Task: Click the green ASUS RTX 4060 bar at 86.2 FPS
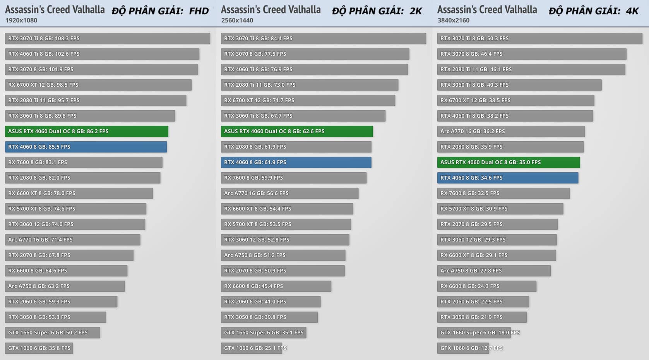pos(86,131)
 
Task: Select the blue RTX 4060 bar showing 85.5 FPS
pos(86,147)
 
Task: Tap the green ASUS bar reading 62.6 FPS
pos(297,131)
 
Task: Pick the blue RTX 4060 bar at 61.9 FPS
pos(296,162)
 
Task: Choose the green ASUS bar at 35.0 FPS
pos(508,162)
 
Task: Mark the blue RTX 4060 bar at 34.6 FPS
pos(507,178)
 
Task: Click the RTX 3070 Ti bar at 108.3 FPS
pos(107,38)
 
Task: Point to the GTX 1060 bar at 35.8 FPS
pos(39,348)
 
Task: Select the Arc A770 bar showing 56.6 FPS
pos(289,193)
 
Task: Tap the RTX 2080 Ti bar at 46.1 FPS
pos(531,69)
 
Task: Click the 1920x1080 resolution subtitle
pos(21,20)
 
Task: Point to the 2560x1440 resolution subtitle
pos(237,20)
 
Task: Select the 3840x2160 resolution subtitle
pos(454,20)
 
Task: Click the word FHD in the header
pos(199,11)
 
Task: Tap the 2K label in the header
pos(416,11)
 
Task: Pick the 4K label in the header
pos(632,11)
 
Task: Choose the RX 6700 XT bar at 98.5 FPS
pos(98,85)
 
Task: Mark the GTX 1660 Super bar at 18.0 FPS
pos(474,333)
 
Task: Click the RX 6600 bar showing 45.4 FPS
pos(276,286)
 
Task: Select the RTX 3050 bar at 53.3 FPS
pos(55,317)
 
